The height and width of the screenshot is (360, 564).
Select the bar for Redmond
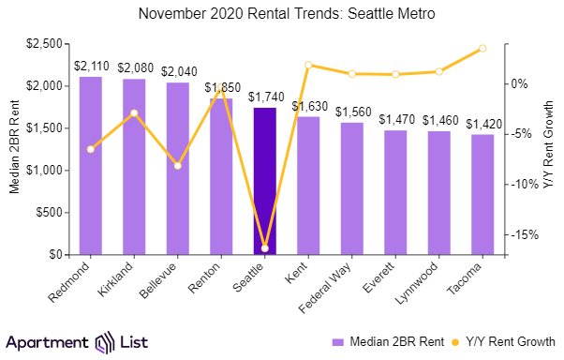91,165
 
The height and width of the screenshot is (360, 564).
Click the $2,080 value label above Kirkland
134,67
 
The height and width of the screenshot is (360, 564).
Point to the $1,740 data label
265,97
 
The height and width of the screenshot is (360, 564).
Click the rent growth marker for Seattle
265,248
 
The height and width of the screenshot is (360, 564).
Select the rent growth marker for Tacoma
482,48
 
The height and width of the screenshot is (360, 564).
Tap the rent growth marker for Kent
308,65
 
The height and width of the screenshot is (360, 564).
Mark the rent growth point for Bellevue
178,166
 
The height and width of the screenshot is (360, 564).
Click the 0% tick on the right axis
518,83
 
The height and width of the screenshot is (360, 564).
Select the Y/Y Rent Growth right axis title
550,149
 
